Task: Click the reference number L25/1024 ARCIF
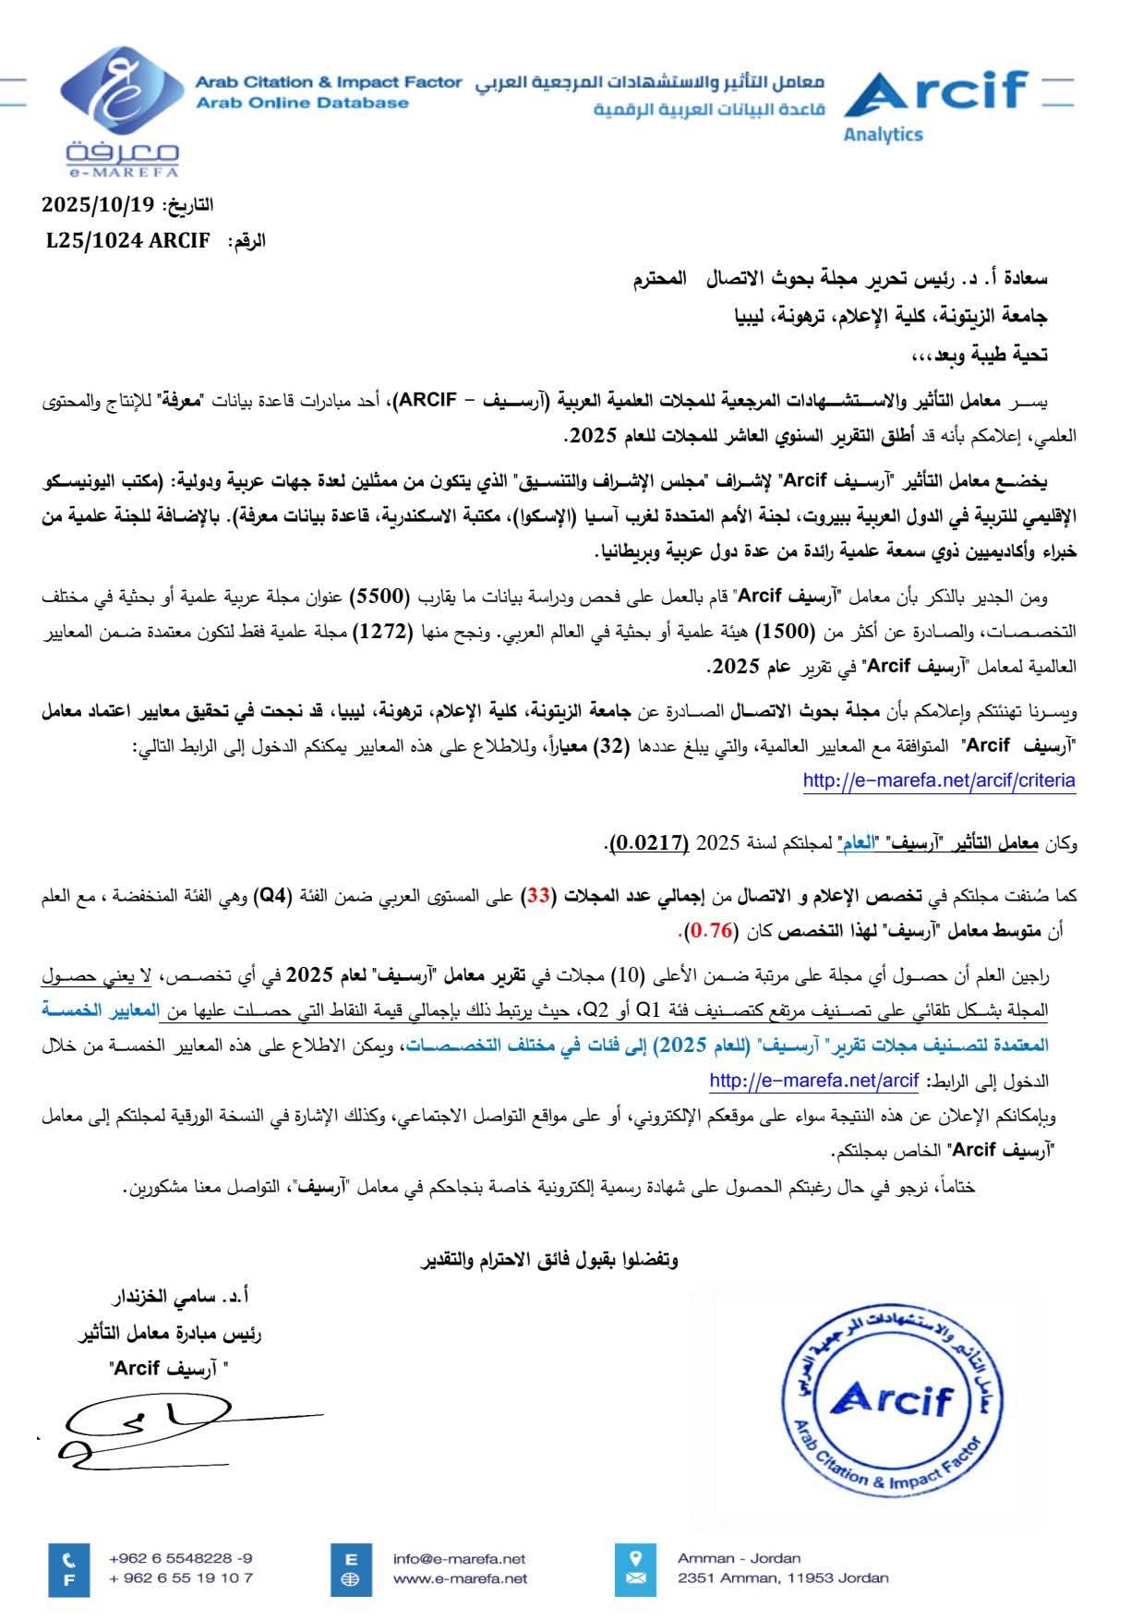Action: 128,241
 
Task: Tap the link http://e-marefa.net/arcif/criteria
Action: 939,780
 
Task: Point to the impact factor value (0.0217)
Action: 649,842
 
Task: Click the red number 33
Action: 538,895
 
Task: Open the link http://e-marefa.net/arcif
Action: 813,1081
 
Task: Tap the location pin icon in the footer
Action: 635,1558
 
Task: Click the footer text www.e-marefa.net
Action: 460,1578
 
